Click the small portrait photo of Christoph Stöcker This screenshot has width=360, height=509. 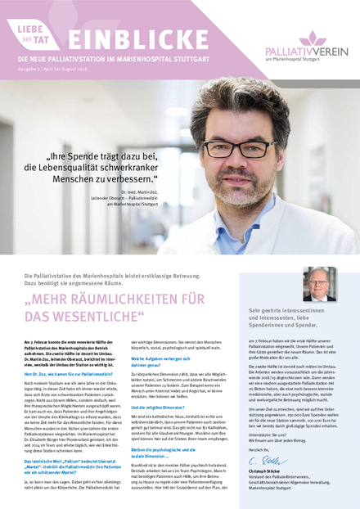pyautogui.click(x=318, y=284)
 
